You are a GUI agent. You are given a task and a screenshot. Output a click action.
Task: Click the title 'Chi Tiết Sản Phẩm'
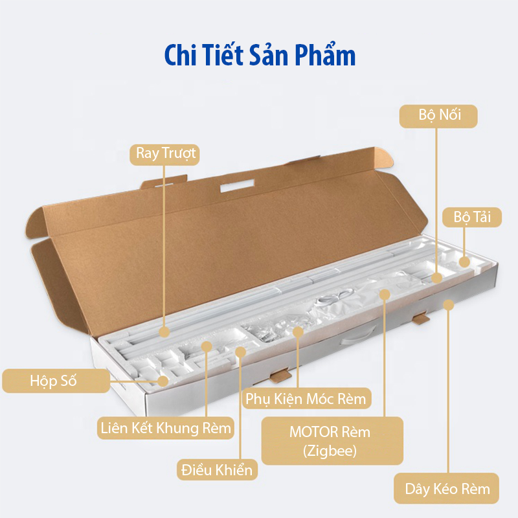(x=260, y=56)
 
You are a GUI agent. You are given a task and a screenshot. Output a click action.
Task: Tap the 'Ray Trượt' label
(x=166, y=154)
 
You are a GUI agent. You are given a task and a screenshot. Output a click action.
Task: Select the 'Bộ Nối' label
(x=438, y=117)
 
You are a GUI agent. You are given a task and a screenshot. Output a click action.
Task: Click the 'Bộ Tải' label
(x=472, y=218)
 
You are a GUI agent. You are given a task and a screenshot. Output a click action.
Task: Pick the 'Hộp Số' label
(x=55, y=381)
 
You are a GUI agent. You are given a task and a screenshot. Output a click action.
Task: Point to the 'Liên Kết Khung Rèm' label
(x=166, y=429)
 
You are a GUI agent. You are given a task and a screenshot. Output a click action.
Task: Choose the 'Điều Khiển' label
(x=217, y=469)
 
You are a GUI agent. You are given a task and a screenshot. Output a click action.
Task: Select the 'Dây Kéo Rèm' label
(x=447, y=489)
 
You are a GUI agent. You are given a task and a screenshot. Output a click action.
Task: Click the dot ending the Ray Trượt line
(x=164, y=332)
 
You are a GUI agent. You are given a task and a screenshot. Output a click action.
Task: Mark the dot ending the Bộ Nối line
(x=437, y=278)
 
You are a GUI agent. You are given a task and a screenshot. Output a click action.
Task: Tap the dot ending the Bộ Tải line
(x=464, y=262)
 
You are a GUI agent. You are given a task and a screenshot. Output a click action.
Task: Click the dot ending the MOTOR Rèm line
(x=385, y=295)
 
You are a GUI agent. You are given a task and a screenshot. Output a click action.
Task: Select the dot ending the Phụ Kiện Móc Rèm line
(x=298, y=332)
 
